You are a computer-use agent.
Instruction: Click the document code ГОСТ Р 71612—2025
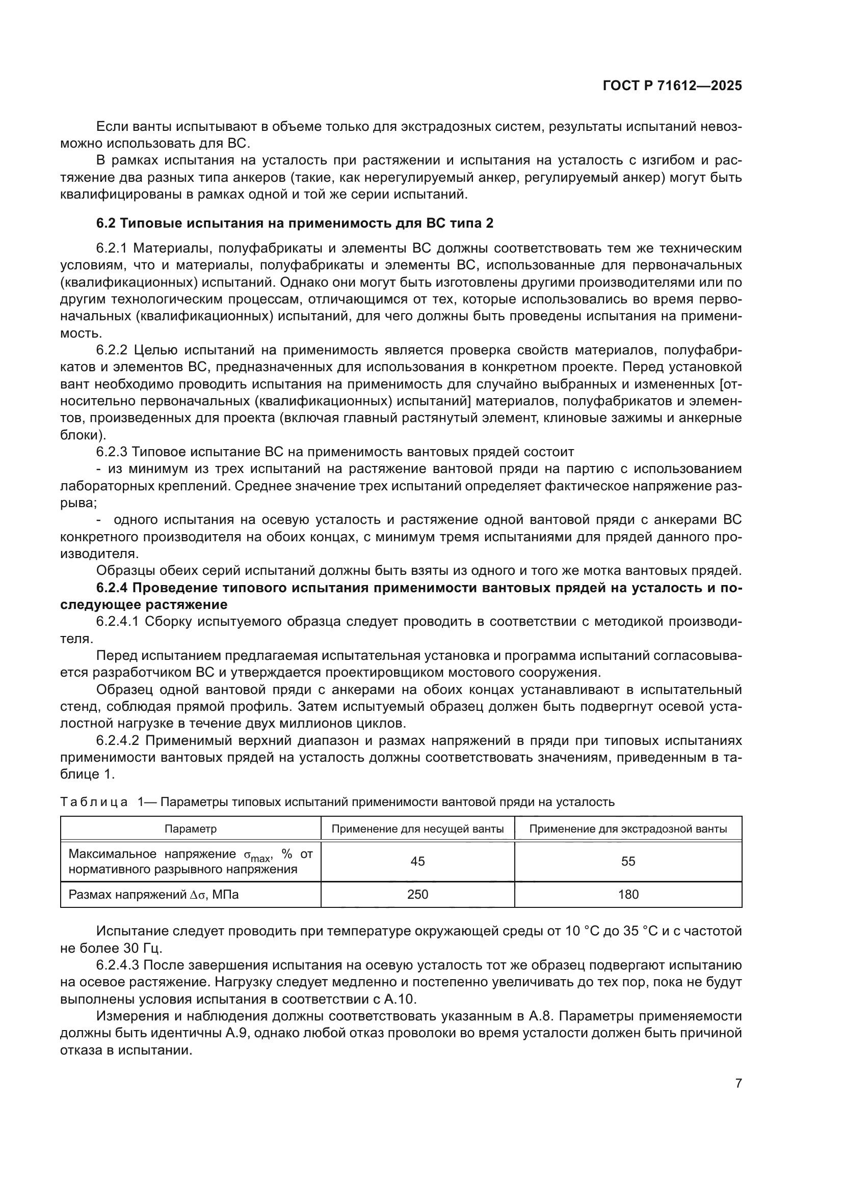coord(672,86)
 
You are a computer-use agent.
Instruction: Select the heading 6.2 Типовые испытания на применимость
coord(294,223)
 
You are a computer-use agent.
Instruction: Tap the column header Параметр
coord(191,828)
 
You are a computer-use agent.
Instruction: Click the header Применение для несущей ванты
coord(417,828)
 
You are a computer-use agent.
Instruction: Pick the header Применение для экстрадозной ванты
coord(627,828)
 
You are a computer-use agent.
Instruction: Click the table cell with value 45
coord(417,861)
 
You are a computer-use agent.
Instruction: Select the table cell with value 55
coord(627,861)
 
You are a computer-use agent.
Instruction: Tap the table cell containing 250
coord(417,894)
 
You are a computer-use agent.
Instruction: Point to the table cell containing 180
coord(627,894)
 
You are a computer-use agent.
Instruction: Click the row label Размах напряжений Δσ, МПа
coord(153,894)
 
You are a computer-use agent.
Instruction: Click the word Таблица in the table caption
coord(94,802)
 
